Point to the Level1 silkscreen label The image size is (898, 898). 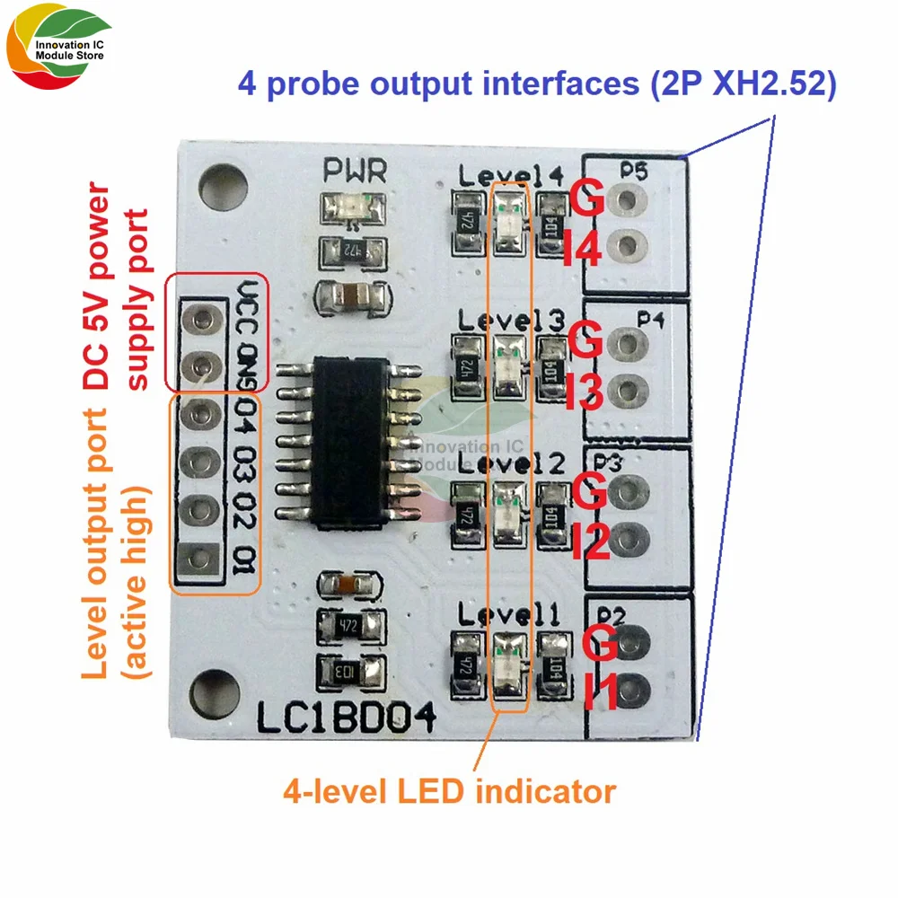[x=509, y=615]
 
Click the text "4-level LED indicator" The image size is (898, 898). [x=449, y=792]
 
